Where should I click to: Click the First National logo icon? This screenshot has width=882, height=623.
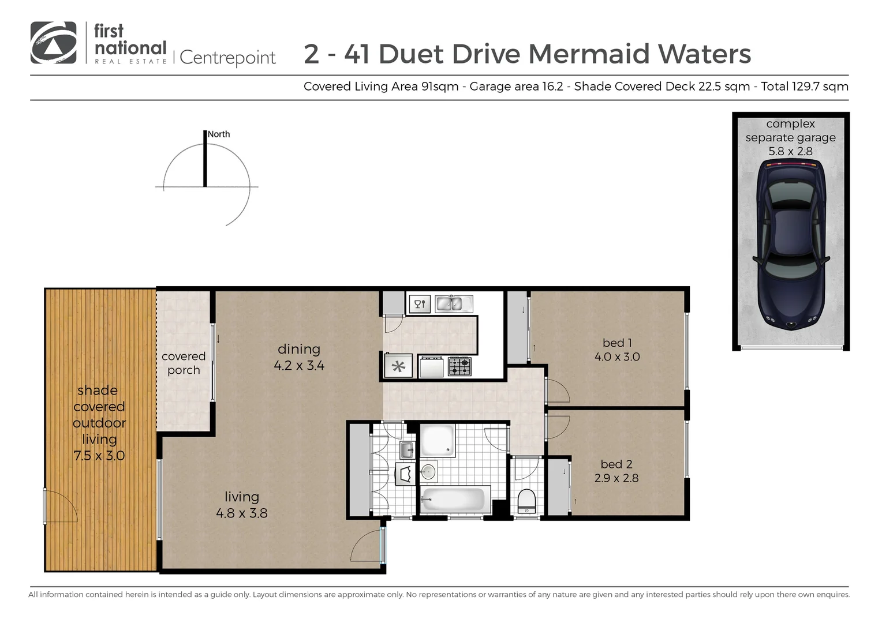(53, 43)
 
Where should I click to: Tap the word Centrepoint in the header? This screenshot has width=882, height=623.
(228, 58)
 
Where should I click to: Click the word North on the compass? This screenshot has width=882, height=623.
(219, 134)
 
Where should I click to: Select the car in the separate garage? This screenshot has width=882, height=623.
(790, 245)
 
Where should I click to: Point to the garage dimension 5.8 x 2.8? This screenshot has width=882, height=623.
(790, 152)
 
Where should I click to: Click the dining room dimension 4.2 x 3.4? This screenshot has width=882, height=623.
(298, 365)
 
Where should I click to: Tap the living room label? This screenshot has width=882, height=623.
(241, 497)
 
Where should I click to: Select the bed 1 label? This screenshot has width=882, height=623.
(616, 343)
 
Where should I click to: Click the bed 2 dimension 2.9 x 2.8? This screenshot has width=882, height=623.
(616, 478)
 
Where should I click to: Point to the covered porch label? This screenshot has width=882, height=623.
(184, 363)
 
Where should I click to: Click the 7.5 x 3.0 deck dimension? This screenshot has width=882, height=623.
(99, 456)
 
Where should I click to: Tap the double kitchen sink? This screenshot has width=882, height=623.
(449, 303)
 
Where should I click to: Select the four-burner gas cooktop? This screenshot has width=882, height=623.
(459, 366)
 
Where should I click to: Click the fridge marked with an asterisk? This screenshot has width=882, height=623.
(398, 366)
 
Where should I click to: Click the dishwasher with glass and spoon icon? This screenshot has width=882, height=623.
(420, 303)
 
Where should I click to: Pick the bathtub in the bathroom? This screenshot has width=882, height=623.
(454, 498)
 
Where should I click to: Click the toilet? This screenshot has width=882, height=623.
(526, 500)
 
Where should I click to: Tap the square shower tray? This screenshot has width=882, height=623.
(437, 441)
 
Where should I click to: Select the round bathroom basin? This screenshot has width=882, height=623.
(428, 472)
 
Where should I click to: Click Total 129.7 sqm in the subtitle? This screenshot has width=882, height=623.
(804, 87)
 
